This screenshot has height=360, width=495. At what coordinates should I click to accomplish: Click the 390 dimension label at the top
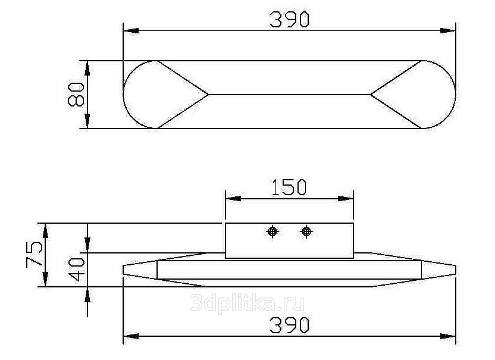click(x=290, y=20)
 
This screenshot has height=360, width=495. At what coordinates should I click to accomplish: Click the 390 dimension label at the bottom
click(x=290, y=325)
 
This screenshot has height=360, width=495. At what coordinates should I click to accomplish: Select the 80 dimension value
click(x=76, y=94)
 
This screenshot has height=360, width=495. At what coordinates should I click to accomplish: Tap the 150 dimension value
click(x=289, y=187)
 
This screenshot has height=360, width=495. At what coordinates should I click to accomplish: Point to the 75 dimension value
click(x=34, y=254)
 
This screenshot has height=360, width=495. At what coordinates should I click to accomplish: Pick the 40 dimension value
click(x=77, y=270)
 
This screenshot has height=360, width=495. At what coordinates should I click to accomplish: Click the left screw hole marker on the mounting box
click(x=272, y=231)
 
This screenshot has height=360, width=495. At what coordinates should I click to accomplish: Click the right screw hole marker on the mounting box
click(x=306, y=231)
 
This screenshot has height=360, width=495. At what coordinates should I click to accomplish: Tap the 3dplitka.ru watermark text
click(x=248, y=303)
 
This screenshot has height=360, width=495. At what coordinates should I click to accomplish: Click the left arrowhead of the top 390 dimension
click(x=131, y=30)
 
